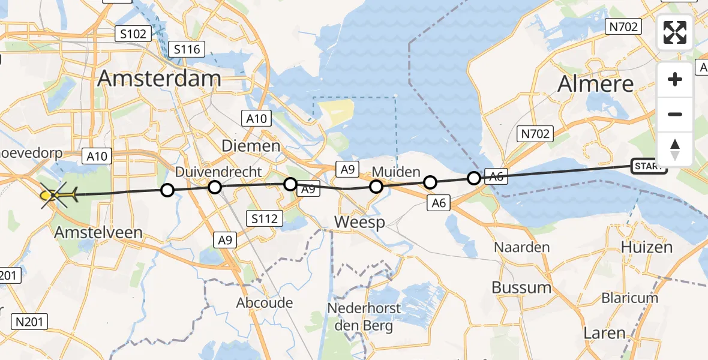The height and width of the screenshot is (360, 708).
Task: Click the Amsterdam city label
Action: pos(159,79)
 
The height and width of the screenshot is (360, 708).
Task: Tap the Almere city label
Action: pos(595,85)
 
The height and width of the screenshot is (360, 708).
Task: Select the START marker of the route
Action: pos(649,166)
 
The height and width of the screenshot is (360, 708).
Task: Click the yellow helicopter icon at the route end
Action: pos(56,194)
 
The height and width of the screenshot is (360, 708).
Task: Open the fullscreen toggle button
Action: pos(675,32)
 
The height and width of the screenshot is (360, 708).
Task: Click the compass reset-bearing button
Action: pos(675,149)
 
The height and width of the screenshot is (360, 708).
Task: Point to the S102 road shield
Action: pos(133,34)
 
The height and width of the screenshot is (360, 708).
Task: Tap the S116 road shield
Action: pos(187,50)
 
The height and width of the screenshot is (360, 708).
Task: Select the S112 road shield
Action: pos(265,218)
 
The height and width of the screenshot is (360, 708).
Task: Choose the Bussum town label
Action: pos(521,287)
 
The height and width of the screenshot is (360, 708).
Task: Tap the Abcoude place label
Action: pos(265,302)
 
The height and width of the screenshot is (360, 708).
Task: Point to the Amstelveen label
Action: pos(98,232)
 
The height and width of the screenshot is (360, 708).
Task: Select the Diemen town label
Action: pos(251,146)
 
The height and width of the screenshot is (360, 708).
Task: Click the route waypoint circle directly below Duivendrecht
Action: pos(215,187)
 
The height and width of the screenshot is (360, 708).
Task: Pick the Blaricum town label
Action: pos(630,298)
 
